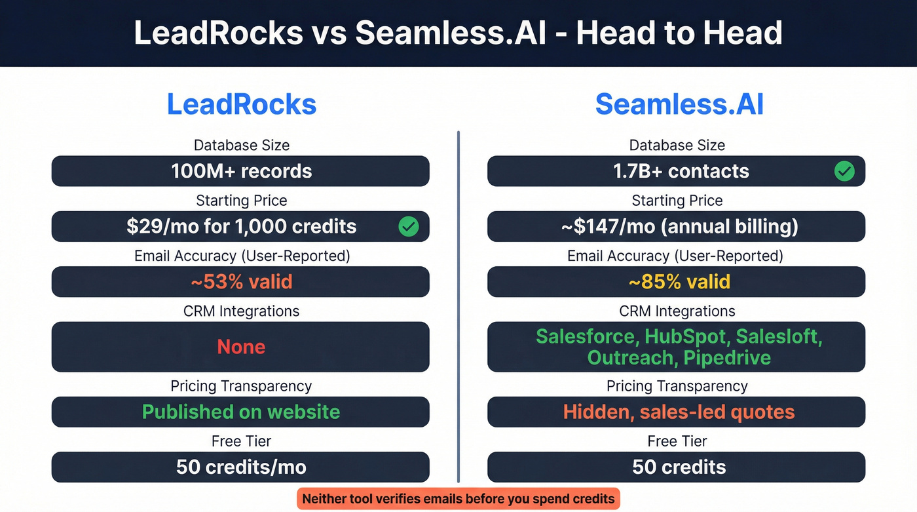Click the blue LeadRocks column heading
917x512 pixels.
241,105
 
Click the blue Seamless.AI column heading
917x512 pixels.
679,105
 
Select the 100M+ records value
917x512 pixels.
241,172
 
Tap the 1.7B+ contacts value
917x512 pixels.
681,172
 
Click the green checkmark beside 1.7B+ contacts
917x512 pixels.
844,172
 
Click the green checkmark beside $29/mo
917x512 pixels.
409,227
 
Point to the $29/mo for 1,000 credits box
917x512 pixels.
241,227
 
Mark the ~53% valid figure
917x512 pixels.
241,282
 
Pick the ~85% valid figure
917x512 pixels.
679,282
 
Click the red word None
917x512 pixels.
241,347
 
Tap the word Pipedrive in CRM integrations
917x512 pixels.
727,358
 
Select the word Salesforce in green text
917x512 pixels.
586,336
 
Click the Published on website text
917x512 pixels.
241,412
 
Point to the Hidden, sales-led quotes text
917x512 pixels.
679,412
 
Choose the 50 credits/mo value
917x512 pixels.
241,467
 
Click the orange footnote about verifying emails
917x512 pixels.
458,499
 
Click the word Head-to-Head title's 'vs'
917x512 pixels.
329,33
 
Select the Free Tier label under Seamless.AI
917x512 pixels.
677,441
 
